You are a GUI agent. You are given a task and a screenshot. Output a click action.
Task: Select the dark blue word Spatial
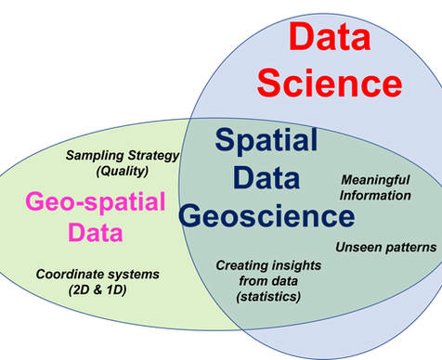(x=266, y=141)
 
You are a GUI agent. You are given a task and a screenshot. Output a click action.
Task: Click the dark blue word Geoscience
(x=267, y=217)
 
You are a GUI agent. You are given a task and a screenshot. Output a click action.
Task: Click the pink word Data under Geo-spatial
(x=96, y=231)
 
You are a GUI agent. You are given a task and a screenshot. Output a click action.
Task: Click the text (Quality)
(x=123, y=170)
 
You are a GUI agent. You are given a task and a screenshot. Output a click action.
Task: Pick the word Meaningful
(x=374, y=180)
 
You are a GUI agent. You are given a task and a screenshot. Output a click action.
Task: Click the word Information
(x=374, y=195)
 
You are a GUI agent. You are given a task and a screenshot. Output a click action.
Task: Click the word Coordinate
(x=71, y=275)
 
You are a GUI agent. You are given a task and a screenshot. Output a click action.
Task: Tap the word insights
(x=295, y=266)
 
